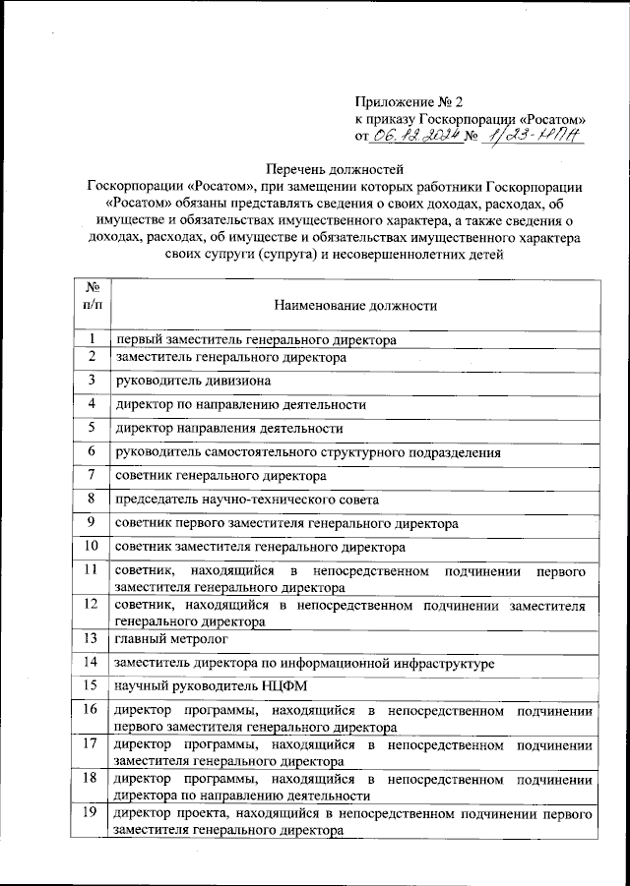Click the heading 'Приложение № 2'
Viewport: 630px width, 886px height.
[408, 100]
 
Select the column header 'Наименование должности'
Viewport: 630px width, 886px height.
[355, 306]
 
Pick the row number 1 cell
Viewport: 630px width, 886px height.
[91, 339]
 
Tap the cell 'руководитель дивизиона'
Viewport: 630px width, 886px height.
[191, 381]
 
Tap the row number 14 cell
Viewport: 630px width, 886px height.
[91, 663]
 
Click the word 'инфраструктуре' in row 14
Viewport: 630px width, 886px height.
[443, 664]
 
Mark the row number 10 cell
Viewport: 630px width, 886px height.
[91, 546]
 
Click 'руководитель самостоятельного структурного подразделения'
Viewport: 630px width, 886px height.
[308, 452]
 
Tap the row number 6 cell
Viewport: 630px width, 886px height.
[91, 451]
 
